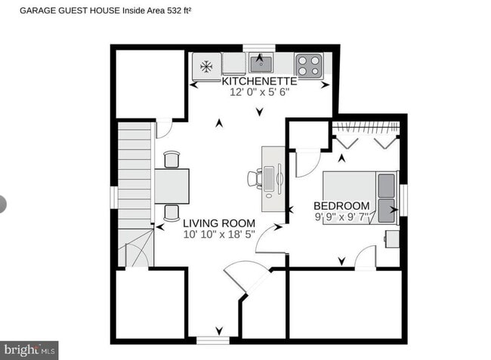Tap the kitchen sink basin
tap(261, 60)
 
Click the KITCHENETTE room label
tap(259, 81)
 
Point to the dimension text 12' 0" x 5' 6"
tap(260, 92)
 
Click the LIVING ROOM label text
tap(219, 223)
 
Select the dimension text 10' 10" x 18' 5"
tap(219, 235)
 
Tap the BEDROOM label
tap(341, 205)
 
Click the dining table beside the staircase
tap(172, 186)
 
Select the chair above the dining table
tap(172, 159)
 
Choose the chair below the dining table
tap(172, 212)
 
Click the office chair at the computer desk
tap(254, 179)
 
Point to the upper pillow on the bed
tap(386, 183)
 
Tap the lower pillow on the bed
tap(386, 207)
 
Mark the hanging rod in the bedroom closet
tap(366, 125)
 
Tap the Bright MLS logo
tap(29, 350)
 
